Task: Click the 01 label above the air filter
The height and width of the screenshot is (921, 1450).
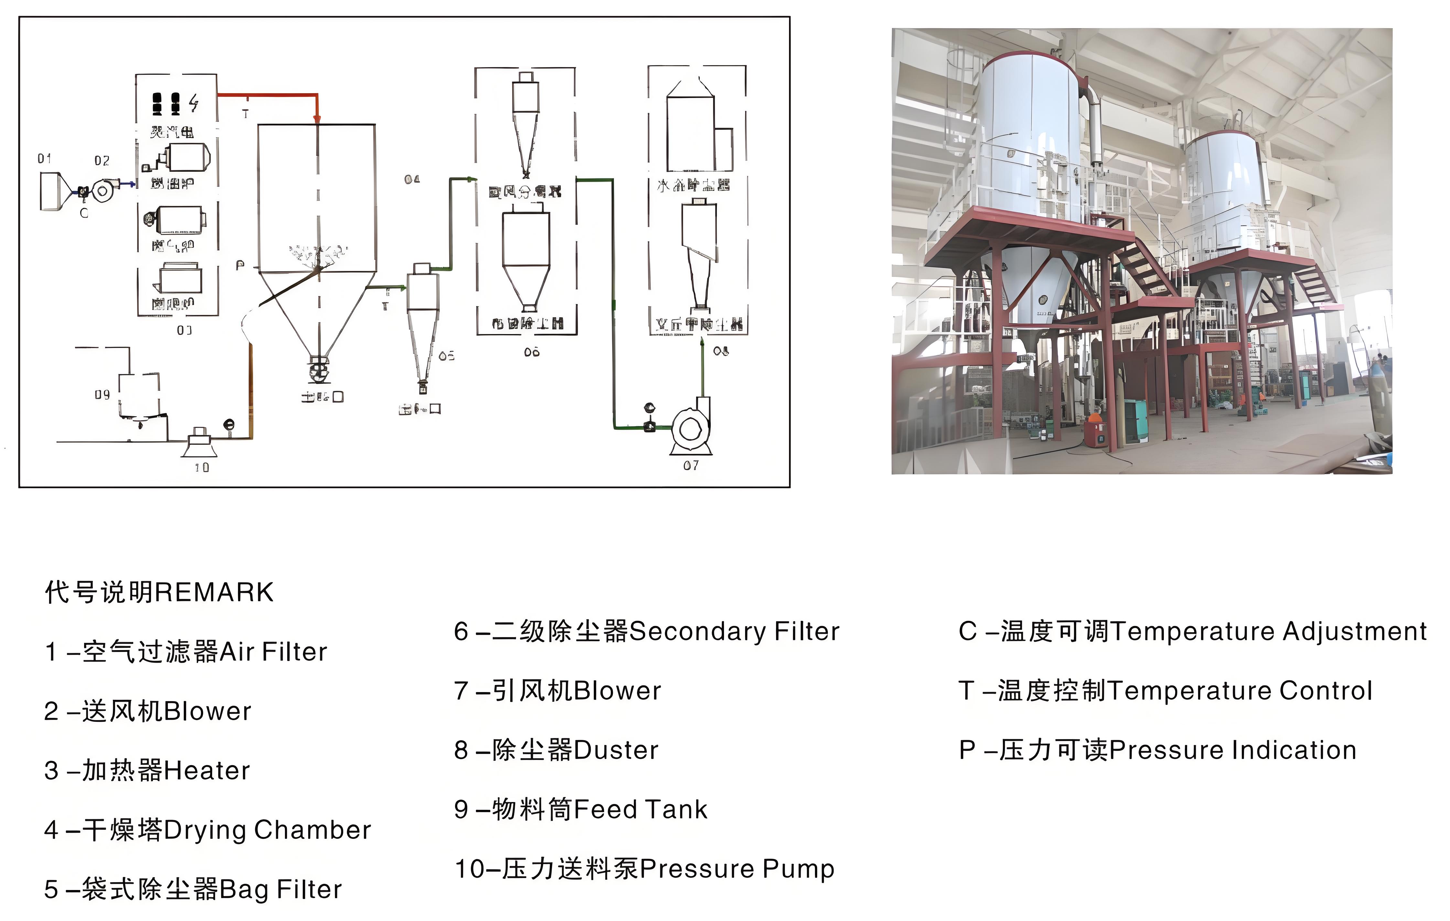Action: coord(44,158)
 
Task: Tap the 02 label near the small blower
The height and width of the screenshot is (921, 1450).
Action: coord(102,161)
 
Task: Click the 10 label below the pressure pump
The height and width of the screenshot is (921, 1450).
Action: coord(202,467)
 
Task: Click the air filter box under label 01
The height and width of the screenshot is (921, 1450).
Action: coord(51,191)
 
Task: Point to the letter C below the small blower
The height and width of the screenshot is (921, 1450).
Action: coord(84,213)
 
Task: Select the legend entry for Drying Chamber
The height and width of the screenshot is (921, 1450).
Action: coord(207,830)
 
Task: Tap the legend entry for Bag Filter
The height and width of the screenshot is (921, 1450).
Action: coord(193,889)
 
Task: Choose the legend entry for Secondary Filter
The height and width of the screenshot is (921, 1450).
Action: coord(646,631)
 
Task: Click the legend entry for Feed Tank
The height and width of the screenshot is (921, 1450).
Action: coord(580,809)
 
